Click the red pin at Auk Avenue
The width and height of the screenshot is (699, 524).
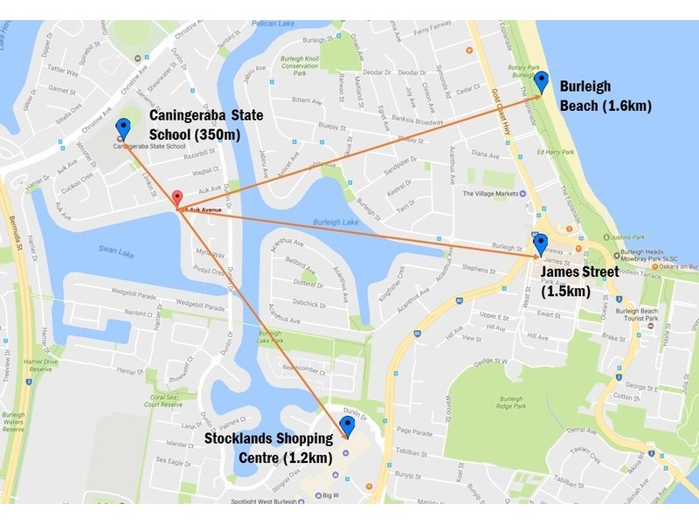click(x=176, y=199)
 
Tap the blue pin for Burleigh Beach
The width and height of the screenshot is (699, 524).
click(x=541, y=82)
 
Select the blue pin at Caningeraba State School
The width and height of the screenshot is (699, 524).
click(x=123, y=129)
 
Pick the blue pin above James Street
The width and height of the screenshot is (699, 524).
click(x=540, y=244)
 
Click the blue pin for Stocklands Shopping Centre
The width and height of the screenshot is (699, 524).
click(x=347, y=426)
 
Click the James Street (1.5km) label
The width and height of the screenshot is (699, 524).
click(x=579, y=281)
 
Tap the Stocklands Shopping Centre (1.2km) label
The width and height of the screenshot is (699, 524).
click(x=268, y=447)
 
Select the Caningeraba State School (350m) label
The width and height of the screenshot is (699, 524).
click(x=194, y=124)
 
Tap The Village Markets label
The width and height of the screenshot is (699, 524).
click(x=490, y=194)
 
